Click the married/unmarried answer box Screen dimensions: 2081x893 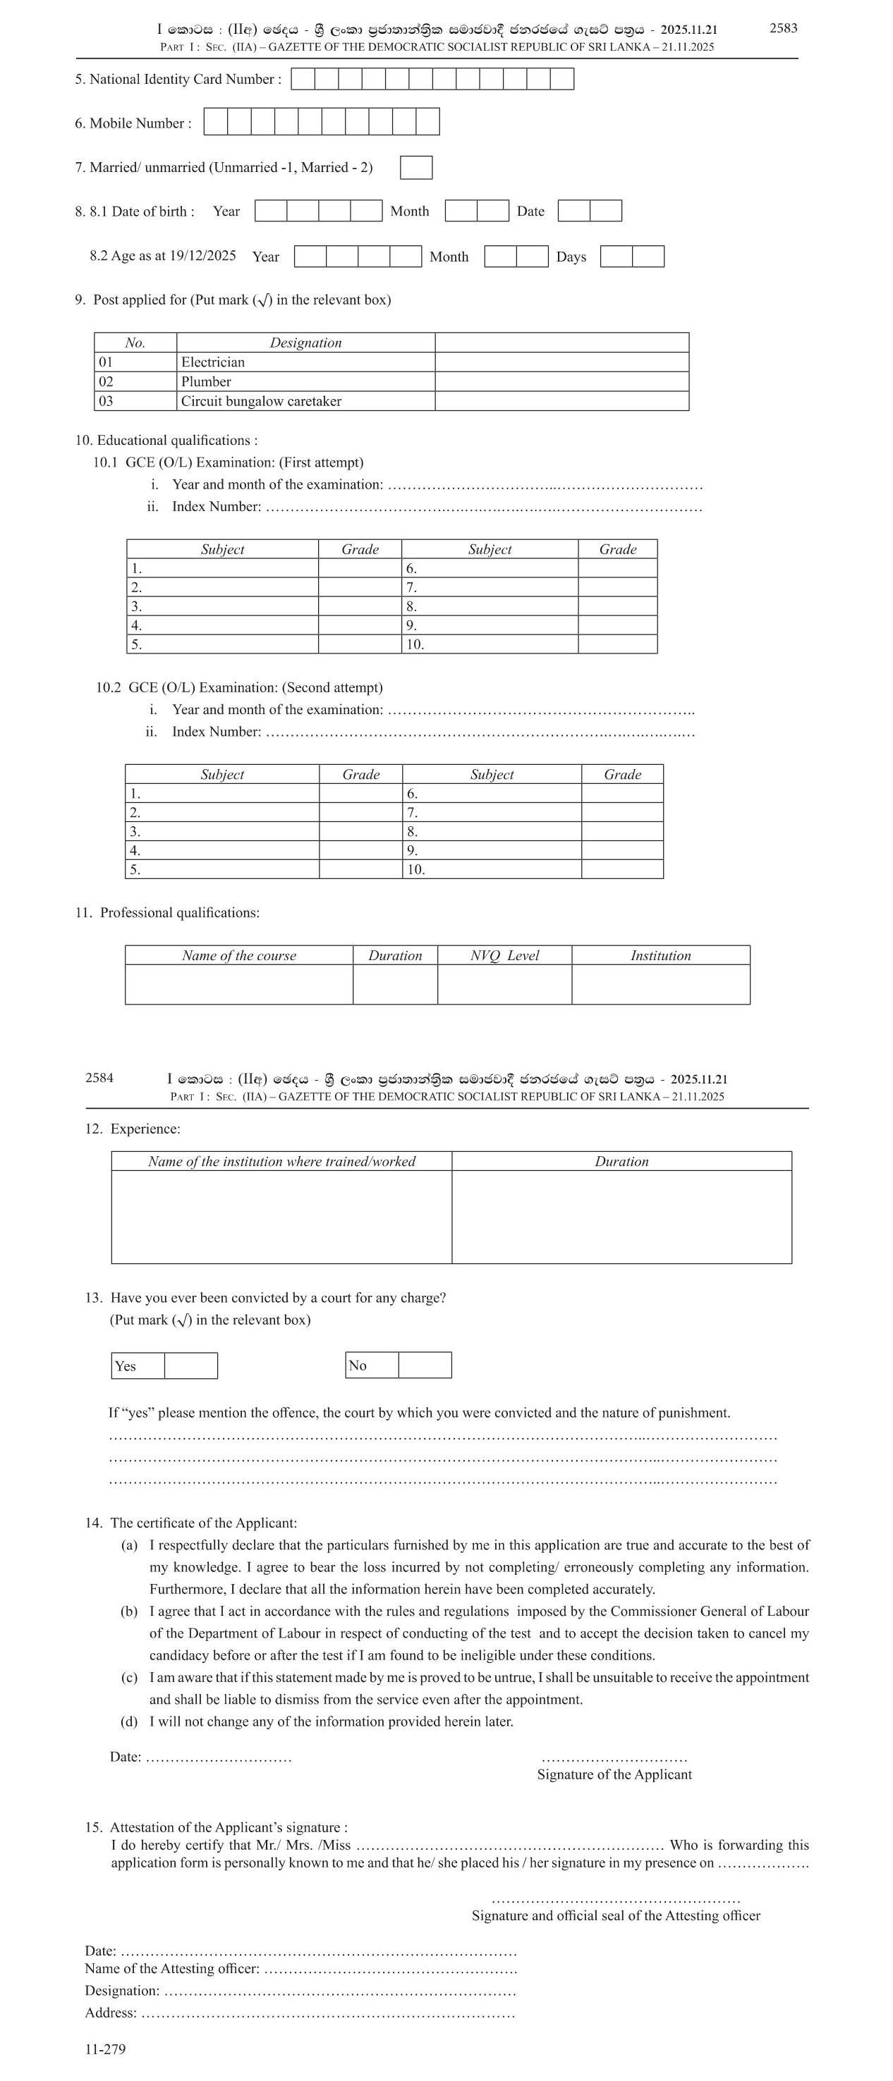(416, 167)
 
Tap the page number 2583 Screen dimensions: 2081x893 (782, 28)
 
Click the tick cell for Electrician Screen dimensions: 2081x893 (561, 362)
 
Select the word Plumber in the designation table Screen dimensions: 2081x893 (206, 381)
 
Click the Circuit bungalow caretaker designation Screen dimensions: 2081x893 (261, 400)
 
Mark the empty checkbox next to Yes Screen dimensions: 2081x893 (190, 1365)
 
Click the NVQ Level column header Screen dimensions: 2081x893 (504, 955)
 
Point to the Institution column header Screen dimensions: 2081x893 (660, 955)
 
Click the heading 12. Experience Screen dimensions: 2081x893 (133, 1129)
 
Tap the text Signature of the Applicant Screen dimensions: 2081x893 (614, 1774)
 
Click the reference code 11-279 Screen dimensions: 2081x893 (105, 2049)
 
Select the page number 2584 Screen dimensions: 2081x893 (99, 1078)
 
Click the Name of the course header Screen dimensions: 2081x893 (238, 955)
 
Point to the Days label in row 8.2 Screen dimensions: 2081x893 (571, 257)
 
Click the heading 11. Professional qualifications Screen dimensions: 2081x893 (168, 912)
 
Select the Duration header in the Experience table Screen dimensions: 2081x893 (621, 1161)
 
